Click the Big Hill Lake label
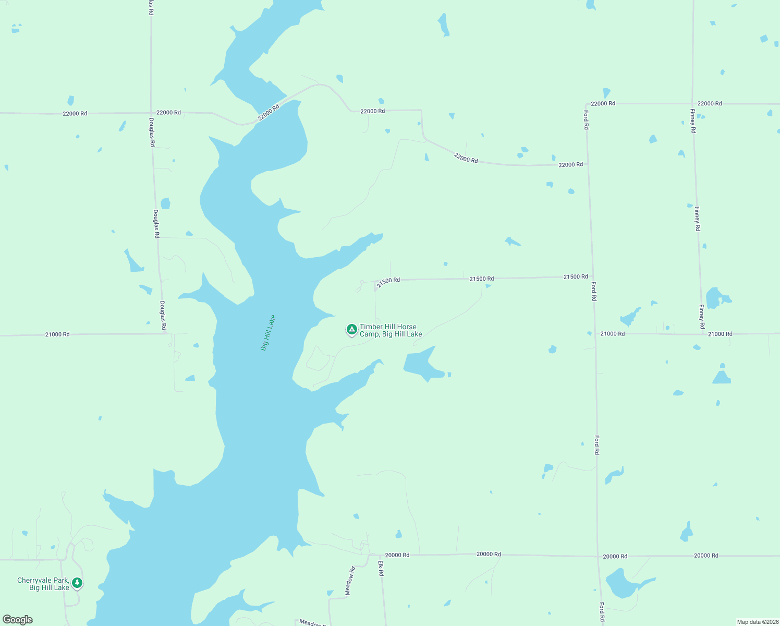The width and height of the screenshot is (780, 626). click(268, 333)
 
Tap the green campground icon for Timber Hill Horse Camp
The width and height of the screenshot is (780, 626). click(352, 330)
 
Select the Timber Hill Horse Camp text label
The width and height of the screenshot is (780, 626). click(391, 330)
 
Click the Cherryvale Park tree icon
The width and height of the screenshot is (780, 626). click(77, 582)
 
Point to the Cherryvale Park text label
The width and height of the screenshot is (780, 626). click(43, 584)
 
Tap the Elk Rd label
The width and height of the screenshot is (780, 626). click(381, 569)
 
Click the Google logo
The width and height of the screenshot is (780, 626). click(18, 620)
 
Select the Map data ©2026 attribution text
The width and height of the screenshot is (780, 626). click(758, 622)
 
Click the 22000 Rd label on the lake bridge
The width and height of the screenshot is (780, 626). click(269, 112)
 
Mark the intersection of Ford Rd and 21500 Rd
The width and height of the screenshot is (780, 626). click(592, 277)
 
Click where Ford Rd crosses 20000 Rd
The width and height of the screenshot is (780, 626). click(598, 556)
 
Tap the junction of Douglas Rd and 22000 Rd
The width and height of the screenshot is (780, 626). click(151, 112)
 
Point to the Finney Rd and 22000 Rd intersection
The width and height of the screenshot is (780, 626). click(692, 103)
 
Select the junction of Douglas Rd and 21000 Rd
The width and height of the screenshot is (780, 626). click(166, 334)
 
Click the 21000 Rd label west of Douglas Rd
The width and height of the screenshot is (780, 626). click(57, 334)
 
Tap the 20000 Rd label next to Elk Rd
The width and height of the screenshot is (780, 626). click(397, 555)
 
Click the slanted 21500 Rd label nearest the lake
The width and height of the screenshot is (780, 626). click(388, 282)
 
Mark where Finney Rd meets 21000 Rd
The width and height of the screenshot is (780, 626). click(702, 334)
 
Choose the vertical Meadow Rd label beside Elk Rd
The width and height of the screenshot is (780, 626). click(350, 581)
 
